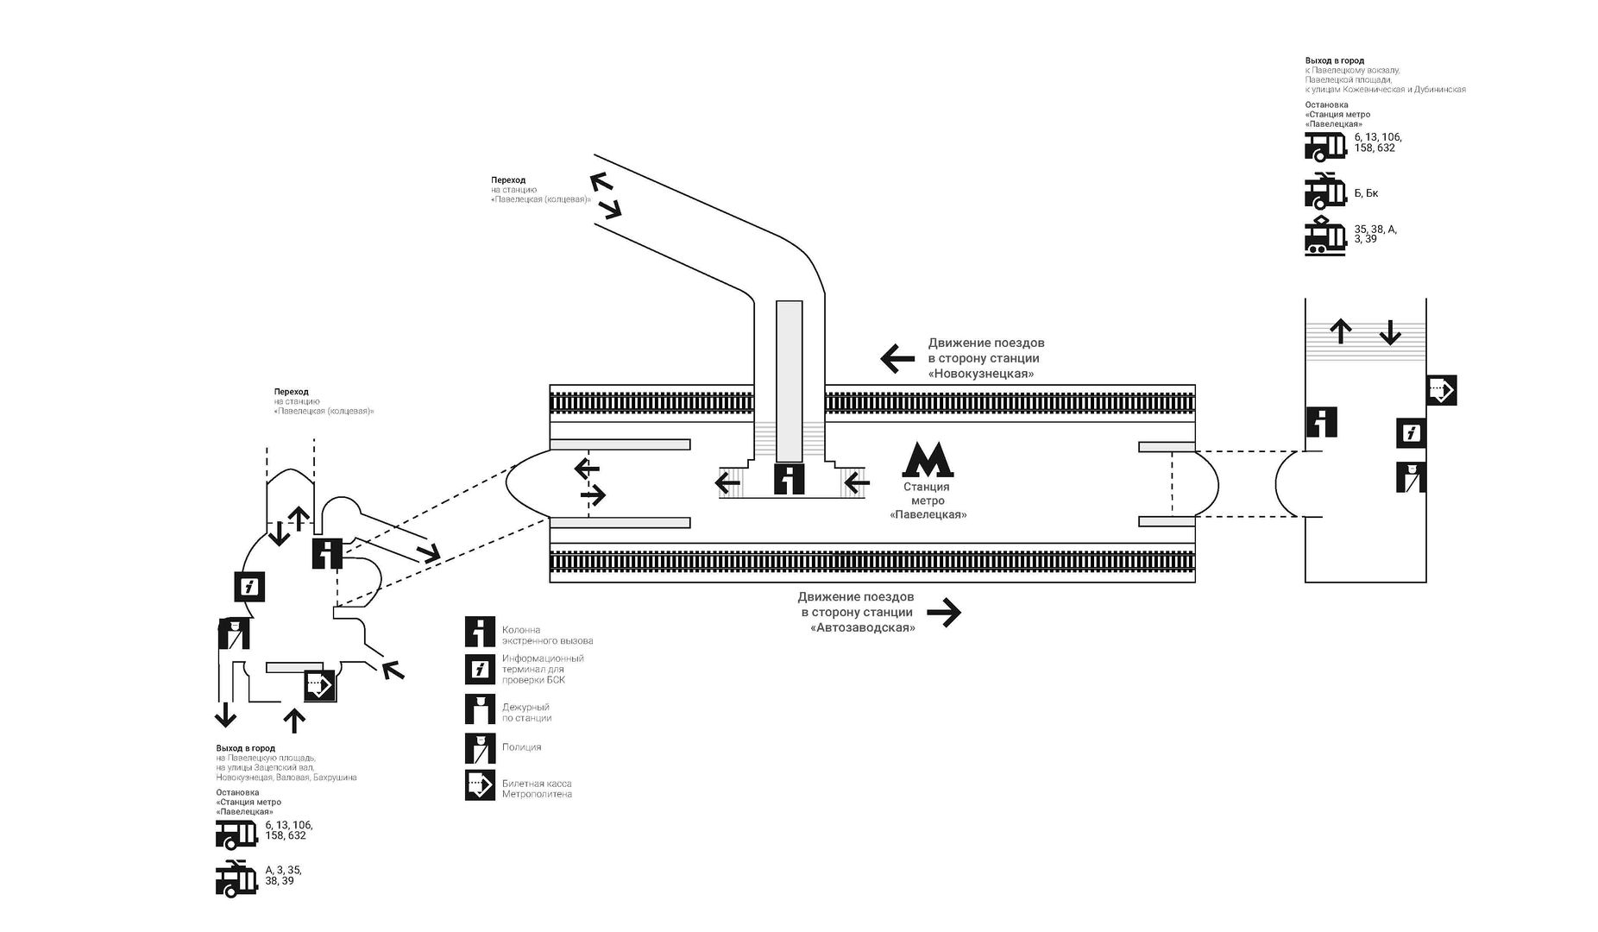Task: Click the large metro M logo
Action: [928, 460]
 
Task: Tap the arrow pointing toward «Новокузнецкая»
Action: [897, 357]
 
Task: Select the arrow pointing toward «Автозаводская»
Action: [943, 613]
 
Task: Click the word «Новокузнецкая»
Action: [981, 374]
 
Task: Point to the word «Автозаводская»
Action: [863, 628]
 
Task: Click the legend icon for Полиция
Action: [480, 748]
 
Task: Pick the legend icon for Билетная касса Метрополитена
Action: [480, 784]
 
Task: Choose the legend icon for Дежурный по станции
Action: [480, 708]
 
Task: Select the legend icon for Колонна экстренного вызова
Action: [480, 632]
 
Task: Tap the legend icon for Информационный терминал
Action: [480, 669]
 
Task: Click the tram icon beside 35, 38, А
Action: [1325, 236]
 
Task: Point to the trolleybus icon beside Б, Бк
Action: [1325, 192]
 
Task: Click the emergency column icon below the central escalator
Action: [789, 479]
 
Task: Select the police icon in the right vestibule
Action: [1411, 478]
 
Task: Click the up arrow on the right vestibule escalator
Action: [1340, 331]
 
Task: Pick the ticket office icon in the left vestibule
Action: [318, 686]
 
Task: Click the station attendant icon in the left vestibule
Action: [233, 634]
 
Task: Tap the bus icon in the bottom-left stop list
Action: [236, 834]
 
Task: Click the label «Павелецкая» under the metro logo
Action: [928, 514]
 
